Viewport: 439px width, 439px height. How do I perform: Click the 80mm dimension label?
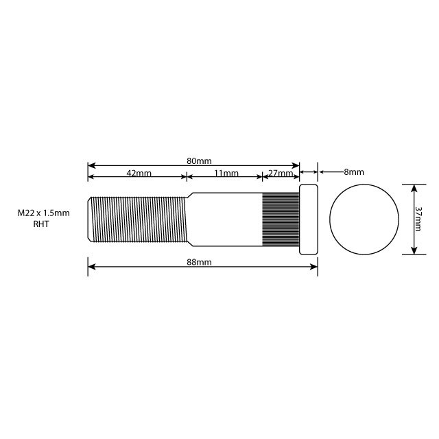click(199, 161)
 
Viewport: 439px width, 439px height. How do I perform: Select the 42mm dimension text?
click(139, 174)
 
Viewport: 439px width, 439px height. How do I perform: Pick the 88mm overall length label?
click(199, 263)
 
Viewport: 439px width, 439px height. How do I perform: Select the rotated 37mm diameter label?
click(418, 219)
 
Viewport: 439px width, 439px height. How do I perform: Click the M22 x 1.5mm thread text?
click(44, 213)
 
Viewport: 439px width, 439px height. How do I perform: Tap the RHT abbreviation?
click(42, 224)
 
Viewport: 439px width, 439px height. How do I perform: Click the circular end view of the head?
click(364, 219)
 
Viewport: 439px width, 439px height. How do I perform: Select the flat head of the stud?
click(309, 219)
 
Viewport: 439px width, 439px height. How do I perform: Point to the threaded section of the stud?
click(137, 219)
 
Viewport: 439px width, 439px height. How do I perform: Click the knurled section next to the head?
click(281, 219)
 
